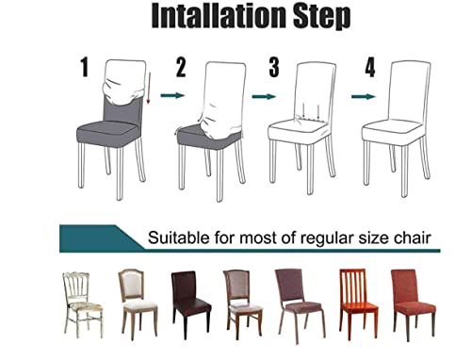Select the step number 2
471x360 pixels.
(180, 67)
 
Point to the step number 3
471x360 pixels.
(273, 68)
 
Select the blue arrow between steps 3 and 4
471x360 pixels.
(362, 95)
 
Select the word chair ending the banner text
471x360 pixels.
(412, 238)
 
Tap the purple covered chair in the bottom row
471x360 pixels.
(293, 303)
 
